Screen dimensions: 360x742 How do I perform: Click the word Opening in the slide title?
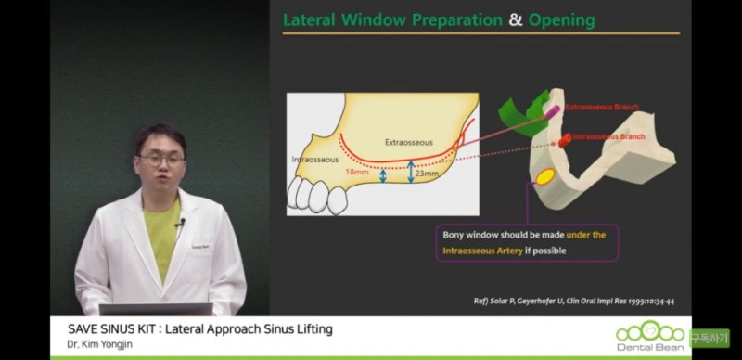click(562, 19)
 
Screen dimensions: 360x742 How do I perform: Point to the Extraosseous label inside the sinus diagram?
click(408, 142)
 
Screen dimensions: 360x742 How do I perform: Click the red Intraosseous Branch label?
click(608, 136)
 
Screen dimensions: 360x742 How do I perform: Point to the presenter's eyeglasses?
click(163, 161)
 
